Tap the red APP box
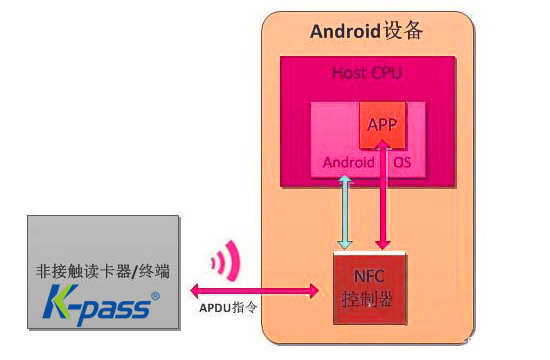pos(382,125)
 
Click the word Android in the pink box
pos(348,162)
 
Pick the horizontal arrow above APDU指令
pos(254,290)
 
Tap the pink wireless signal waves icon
pos(226,262)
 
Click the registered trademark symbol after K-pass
pos(153,296)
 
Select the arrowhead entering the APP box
pos(381,146)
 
